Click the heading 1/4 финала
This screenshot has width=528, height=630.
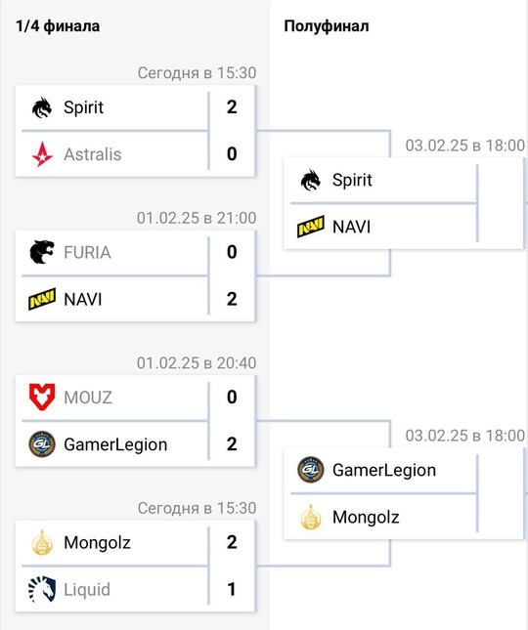(58, 26)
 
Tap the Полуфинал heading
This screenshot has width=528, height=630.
(327, 26)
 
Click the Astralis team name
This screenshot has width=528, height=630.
(93, 154)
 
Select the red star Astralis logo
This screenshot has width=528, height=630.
(42, 154)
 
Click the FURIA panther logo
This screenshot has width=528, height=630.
(42, 252)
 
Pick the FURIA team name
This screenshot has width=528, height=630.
(87, 252)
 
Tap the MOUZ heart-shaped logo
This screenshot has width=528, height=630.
(42, 397)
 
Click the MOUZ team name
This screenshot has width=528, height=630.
(88, 398)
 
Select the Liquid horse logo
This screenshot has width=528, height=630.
(42, 589)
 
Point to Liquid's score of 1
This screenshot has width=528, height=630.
(231, 589)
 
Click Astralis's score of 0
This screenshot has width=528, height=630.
(232, 154)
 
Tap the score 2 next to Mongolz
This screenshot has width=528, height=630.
(232, 542)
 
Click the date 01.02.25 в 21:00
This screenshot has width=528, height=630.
(197, 218)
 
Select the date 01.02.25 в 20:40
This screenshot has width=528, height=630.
(197, 362)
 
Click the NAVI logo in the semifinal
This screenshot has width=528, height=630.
(311, 227)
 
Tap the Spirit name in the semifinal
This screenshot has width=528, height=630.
(352, 180)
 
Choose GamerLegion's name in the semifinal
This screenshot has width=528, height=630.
(384, 470)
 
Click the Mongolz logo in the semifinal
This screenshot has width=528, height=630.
(311, 517)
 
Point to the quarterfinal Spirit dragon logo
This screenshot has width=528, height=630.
(42, 107)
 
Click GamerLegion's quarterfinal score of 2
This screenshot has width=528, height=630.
(232, 444)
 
